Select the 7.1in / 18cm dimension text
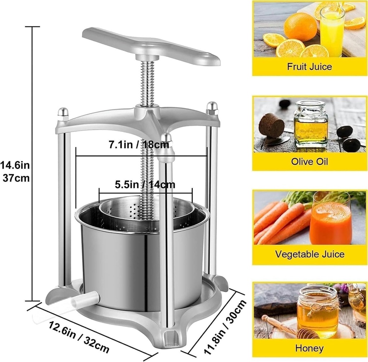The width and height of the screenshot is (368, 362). click(x=139, y=145)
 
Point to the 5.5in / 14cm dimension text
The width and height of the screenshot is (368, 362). click(x=145, y=185)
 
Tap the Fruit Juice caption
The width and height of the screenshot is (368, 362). click(x=309, y=66)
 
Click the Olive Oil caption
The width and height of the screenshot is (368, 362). click(x=309, y=161)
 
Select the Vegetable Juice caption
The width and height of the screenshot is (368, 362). click(x=309, y=254)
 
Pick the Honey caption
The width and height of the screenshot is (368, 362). click(x=309, y=348)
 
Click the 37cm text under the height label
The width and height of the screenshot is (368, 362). click(x=16, y=178)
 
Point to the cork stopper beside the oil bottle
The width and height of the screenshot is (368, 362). click(x=272, y=125)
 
